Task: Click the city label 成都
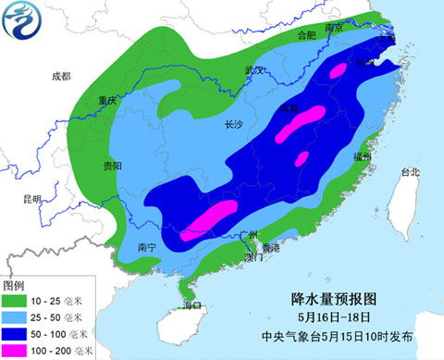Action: tap(61, 77)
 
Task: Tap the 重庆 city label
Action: tap(109, 102)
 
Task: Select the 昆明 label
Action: tap(32, 199)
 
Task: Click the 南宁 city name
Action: tap(146, 247)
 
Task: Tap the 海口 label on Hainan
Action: tap(191, 304)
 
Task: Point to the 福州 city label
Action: tap(361, 159)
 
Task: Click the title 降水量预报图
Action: tap(335, 299)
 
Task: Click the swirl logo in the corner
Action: tap(22, 22)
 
